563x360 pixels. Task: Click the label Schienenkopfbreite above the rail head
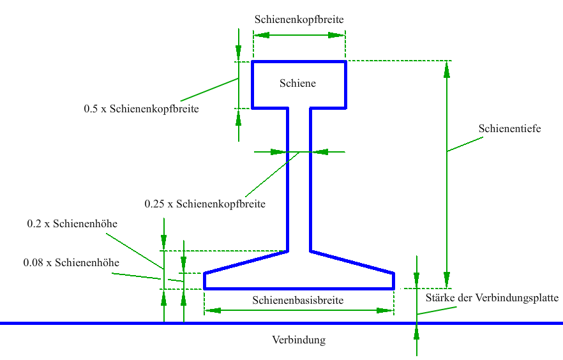(299, 19)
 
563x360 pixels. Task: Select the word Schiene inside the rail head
(297, 84)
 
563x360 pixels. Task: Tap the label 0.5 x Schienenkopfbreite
(141, 109)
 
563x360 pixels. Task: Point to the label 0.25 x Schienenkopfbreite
(204, 204)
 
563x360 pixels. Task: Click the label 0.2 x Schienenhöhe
(72, 224)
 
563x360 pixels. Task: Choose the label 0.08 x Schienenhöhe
(71, 262)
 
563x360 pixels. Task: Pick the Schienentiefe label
(509, 128)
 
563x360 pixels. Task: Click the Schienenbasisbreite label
(298, 300)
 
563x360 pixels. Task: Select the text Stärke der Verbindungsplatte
(492, 297)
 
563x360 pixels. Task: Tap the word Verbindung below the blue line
(298, 340)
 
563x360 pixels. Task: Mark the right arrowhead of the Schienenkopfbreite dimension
(338, 35)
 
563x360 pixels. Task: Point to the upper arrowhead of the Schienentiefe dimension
(447, 70)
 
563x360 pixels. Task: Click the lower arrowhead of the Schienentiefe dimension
(447, 280)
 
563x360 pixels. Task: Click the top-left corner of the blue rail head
(253, 62)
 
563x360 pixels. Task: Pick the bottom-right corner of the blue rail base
(393, 289)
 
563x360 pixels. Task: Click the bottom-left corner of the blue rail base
(204, 289)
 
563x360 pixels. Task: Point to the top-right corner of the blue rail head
(345, 62)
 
